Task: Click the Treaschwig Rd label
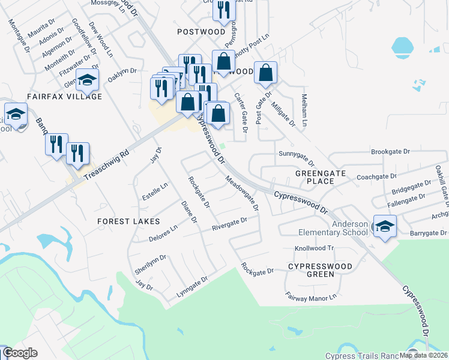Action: tap(107, 162)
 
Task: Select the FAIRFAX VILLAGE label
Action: tap(64, 96)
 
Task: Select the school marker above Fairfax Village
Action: tap(88, 80)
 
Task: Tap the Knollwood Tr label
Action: tap(313, 248)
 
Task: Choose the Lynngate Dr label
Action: tap(191, 287)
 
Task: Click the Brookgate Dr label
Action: tap(390, 152)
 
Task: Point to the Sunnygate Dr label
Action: tap(297, 158)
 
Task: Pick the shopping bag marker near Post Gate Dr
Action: tap(265, 73)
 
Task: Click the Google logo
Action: tap(20, 353)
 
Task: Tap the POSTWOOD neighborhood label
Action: tap(201, 31)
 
